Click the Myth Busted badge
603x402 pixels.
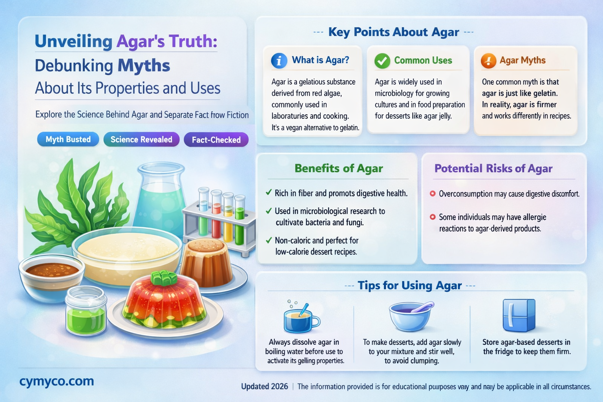click(x=68, y=139)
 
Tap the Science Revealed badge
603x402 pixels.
click(x=141, y=139)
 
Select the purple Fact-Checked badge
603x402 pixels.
click(x=216, y=140)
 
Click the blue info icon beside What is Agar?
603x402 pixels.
click(x=279, y=61)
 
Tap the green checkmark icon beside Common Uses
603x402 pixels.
click(x=382, y=61)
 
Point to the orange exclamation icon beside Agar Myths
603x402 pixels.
click(x=488, y=61)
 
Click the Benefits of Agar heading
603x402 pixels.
click(x=338, y=168)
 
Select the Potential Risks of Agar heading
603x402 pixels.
click(x=493, y=168)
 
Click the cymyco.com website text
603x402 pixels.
click(x=57, y=381)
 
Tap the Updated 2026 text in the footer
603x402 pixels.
click(x=264, y=386)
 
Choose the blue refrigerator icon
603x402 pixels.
click(x=519, y=315)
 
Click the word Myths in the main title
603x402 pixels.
click(x=144, y=66)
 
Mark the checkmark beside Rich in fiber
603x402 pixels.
click(x=269, y=192)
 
